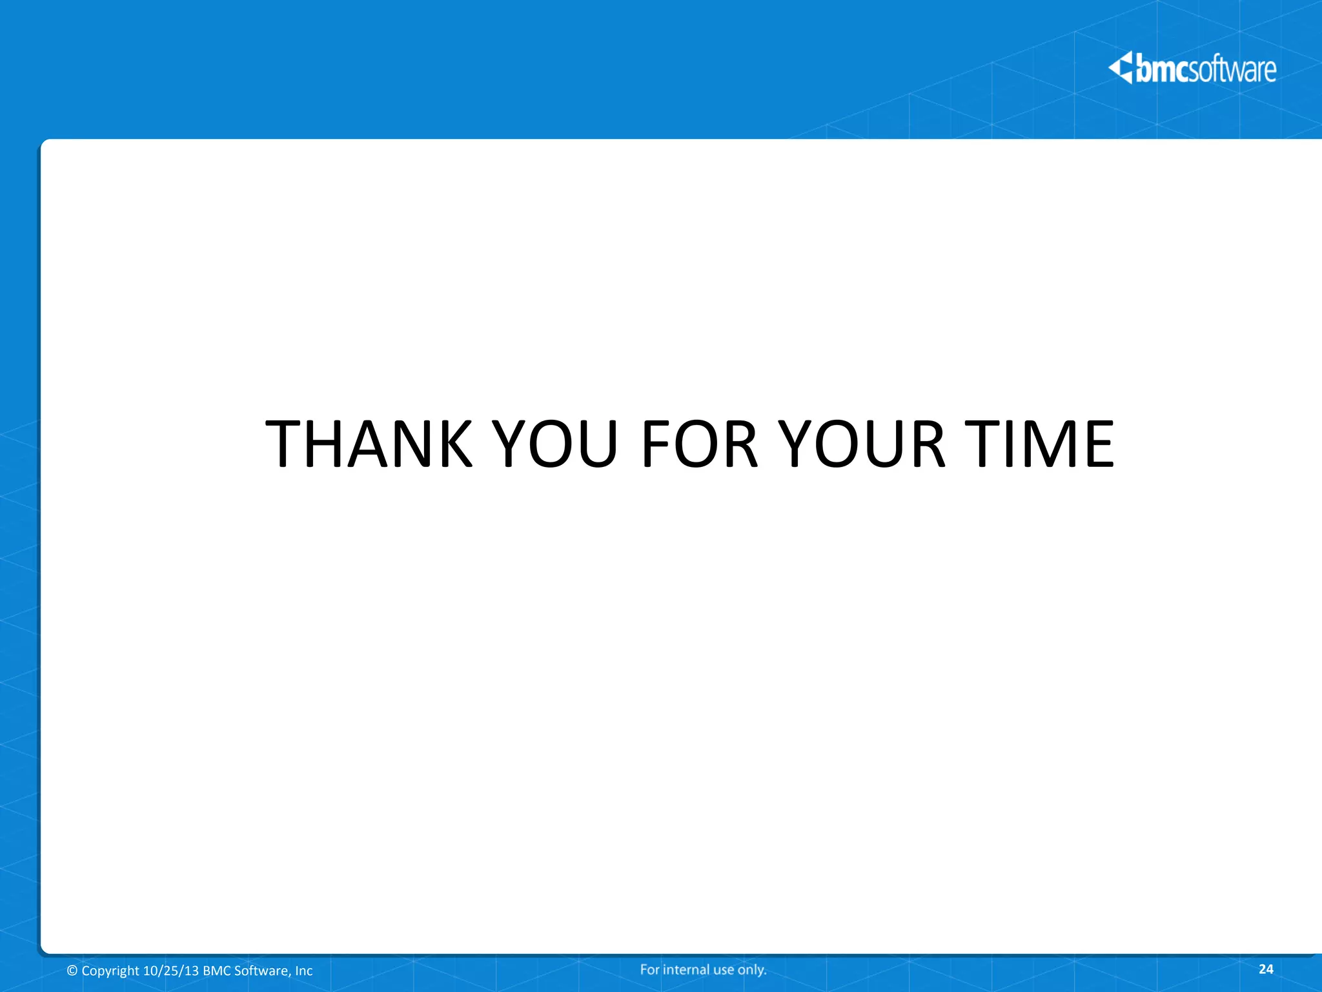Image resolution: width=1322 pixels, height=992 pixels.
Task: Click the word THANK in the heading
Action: (369, 444)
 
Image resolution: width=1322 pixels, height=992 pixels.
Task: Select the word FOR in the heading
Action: (699, 444)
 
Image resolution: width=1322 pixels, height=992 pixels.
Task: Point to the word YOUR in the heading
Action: (862, 444)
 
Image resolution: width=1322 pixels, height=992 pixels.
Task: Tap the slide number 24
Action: (1266, 969)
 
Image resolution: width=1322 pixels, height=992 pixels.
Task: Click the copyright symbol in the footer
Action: (72, 971)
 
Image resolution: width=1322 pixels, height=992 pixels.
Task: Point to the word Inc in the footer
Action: (304, 971)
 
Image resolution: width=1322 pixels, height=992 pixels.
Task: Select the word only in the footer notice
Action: (752, 969)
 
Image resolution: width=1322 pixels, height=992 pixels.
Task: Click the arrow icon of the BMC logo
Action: (1121, 68)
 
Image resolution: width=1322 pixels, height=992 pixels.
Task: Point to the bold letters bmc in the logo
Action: (1163, 69)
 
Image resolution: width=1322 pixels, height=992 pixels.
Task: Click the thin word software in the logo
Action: (1233, 69)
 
